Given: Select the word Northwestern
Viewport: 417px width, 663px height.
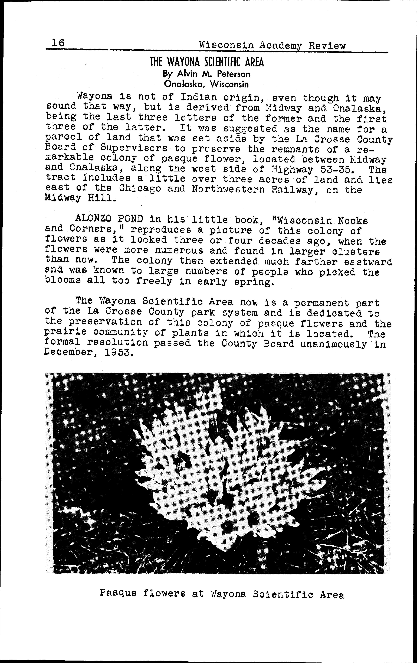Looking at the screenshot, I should point(228,190).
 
